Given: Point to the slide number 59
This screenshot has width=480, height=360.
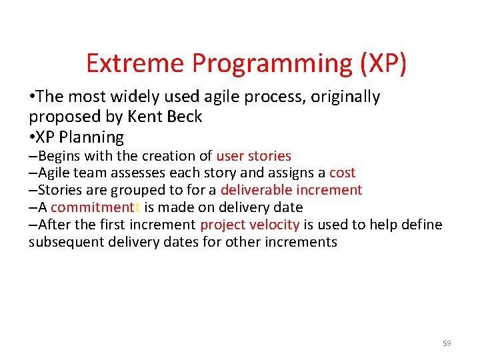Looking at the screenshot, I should coord(447,343).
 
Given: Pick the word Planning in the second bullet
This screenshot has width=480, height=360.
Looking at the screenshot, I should coord(93,137).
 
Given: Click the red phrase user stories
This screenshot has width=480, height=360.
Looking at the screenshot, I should coord(253,156).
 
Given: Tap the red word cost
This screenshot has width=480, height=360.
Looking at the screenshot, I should coord(342,173).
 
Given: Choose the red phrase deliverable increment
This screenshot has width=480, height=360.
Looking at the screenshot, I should coord(291,190).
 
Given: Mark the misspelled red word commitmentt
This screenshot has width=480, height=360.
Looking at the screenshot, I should coord(95,207).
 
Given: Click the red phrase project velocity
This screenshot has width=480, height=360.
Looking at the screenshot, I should coord(250,224).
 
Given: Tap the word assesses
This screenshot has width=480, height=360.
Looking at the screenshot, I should coord(141,173).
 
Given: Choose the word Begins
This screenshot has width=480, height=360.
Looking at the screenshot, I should coord(59,156).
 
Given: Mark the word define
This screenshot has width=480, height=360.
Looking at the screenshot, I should coord(421,224).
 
